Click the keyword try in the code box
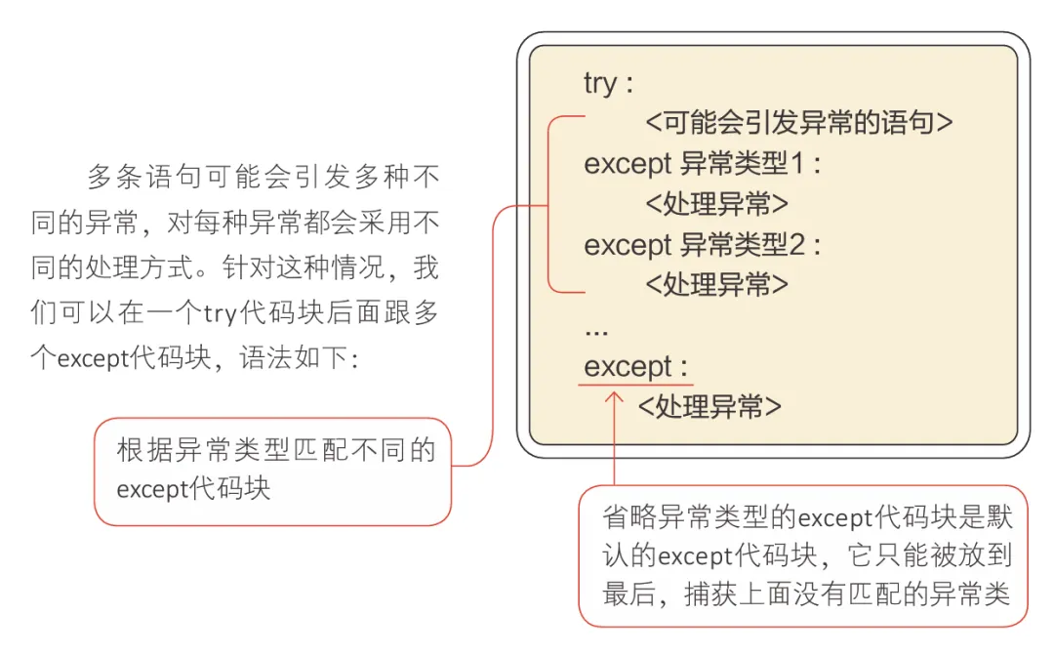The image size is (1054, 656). click(599, 83)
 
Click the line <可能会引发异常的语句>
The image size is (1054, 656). click(799, 123)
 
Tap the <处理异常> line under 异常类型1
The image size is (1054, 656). click(716, 204)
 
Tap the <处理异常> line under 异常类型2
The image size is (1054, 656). click(716, 284)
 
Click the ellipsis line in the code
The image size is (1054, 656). click(595, 330)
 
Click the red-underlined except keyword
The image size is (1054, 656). click(628, 368)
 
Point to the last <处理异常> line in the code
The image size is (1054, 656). click(709, 407)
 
